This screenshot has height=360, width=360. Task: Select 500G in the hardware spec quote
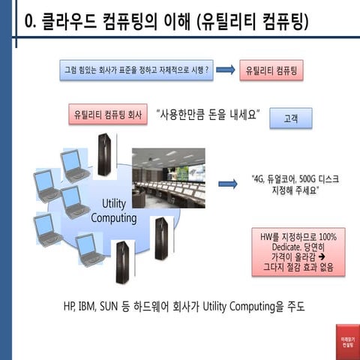pos(307,179)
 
